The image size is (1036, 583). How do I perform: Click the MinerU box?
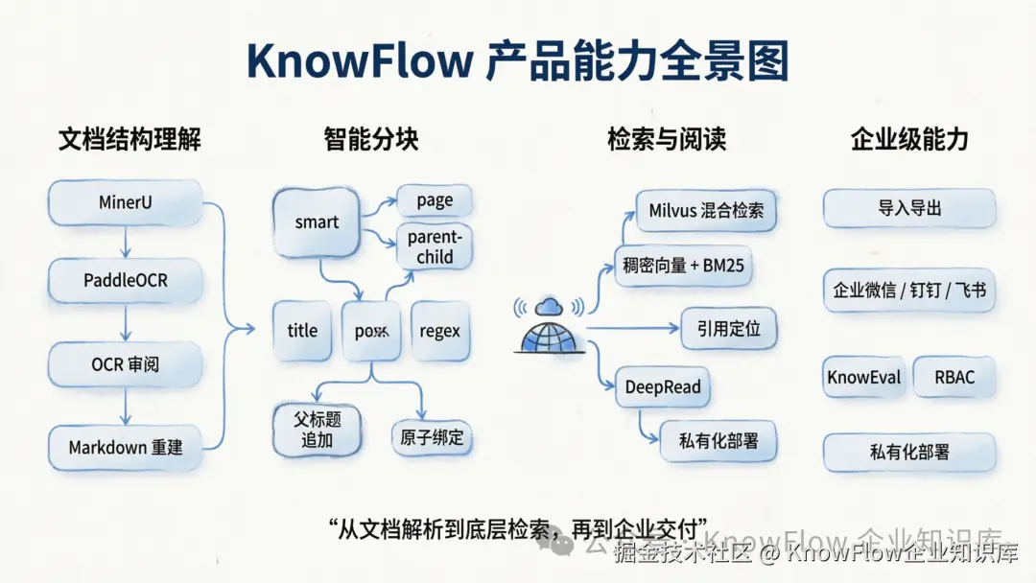click(125, 203)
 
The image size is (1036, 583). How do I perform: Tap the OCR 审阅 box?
click(125, 365)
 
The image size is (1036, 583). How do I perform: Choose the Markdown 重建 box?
click(125, 447)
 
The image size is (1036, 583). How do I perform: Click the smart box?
click(317, 222)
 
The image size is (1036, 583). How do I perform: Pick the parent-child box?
click(435, 247)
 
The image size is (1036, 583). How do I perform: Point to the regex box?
click(439, 331)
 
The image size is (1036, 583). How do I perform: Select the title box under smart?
click(302, 331)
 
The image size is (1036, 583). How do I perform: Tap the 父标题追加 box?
click(318, 429)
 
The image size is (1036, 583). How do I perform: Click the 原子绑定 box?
click(432, 437)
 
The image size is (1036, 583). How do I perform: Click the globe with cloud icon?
click(550, 325)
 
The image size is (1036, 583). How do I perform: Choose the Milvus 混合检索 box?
click(706, 210)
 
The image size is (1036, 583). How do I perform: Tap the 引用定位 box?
click(728, 328)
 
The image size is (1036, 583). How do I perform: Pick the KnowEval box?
click(864, 377)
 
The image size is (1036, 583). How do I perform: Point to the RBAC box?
click(954, 377)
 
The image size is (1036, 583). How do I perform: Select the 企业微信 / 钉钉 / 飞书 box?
click(908, 290)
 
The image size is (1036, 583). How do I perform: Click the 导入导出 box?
click(908, 208)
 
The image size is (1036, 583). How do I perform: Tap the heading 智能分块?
click(370, 140)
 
